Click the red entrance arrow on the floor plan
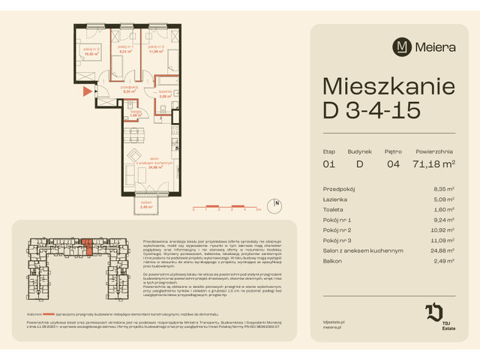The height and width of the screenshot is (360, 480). [87, 91]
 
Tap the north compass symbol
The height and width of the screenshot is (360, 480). [277, 202]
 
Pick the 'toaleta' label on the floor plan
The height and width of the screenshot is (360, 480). [135, 112]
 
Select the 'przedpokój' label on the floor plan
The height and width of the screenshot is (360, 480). [127, 88]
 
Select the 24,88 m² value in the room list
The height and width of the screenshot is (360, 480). [445, 250]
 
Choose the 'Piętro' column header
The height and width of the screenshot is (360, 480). [394, 151]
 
